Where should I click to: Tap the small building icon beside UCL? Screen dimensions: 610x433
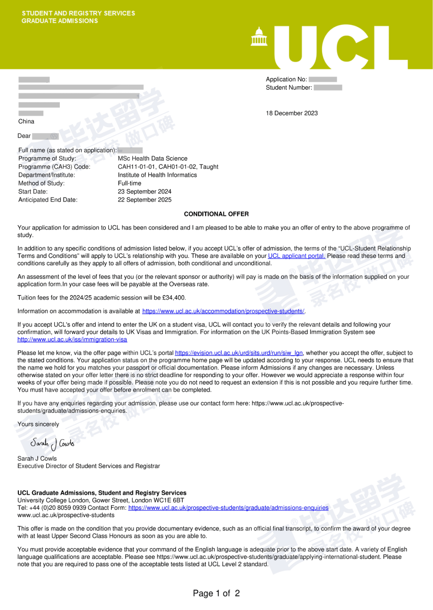coord(259,37)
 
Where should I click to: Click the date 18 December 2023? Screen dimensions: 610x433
coord(291,113)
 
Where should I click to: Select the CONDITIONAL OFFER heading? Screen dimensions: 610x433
coord(216,214)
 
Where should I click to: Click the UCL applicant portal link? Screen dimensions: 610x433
coord(296,256)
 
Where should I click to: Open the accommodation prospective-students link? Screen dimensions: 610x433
coord(223,311)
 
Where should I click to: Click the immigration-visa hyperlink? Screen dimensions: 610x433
coord(72,340)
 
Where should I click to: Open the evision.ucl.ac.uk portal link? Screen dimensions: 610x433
coord(239,353)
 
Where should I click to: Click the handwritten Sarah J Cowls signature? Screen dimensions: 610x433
coord(52,444)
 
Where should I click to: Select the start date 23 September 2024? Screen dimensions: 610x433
coord(144,192)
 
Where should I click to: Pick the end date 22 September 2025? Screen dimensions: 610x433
coord(144,200)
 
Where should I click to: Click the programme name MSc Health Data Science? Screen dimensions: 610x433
coord(152,158)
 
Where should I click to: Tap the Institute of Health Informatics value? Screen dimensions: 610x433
coord(157,175)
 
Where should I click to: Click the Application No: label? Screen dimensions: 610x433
coord(286,79)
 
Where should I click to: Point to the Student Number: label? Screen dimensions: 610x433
coord(289,87)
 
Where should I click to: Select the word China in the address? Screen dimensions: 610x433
coord(26,122)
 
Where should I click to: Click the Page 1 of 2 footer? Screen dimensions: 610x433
coord(216,593)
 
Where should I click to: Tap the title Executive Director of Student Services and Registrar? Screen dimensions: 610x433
coord(89,466)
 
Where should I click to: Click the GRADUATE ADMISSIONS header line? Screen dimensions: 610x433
coord(60,21)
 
